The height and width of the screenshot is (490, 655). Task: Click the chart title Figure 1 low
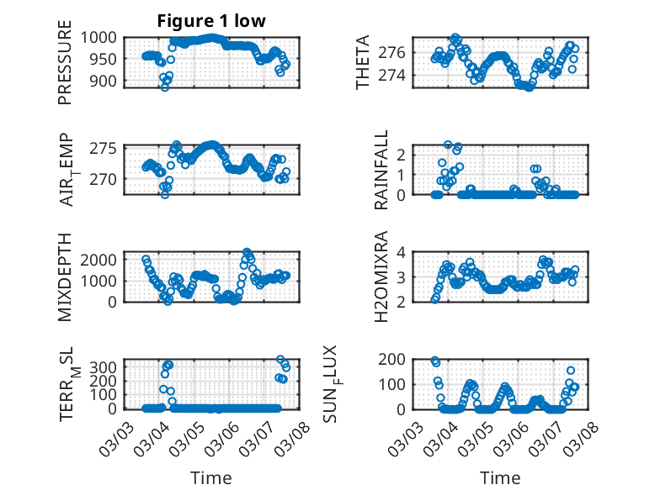(x=211, y=21)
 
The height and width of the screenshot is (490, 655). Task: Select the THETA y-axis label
(x=363, y=62)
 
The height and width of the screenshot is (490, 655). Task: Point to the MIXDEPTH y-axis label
(x=66, y=277)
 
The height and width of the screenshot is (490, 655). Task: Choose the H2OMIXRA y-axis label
(x=382, y=277)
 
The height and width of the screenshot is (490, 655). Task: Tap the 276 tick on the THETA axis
(x=397, y=52)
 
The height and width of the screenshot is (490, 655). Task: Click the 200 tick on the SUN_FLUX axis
(x=397, y=359)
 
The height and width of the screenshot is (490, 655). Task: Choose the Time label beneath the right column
(x=500, y=477)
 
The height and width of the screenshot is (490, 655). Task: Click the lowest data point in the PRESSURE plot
(x=165, y=87)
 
